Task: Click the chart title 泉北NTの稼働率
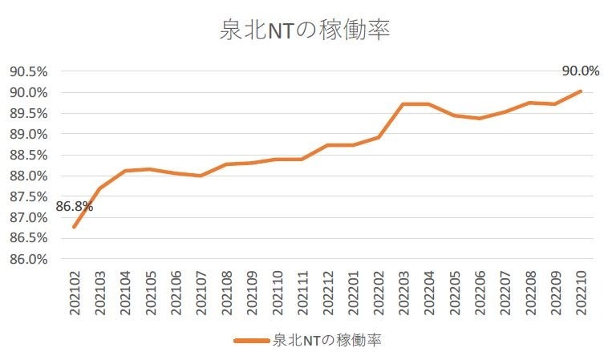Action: tap(304, 30)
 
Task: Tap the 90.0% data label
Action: tap(581, 71)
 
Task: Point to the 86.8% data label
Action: tap(74, 207)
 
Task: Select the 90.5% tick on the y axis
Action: tap(28, 71)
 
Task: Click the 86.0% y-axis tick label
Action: tap(28, 259)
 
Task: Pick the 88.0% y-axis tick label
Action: tap(28, 176)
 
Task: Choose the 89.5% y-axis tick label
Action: tap(28, 113)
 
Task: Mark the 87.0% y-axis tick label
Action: tap(28, 217)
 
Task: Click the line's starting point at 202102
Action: tap(75, 226)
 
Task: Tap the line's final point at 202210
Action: tap(581, 91)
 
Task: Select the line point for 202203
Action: tap(403, 104)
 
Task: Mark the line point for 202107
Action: tap(201, 176)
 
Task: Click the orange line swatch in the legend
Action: tap(252, 341)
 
